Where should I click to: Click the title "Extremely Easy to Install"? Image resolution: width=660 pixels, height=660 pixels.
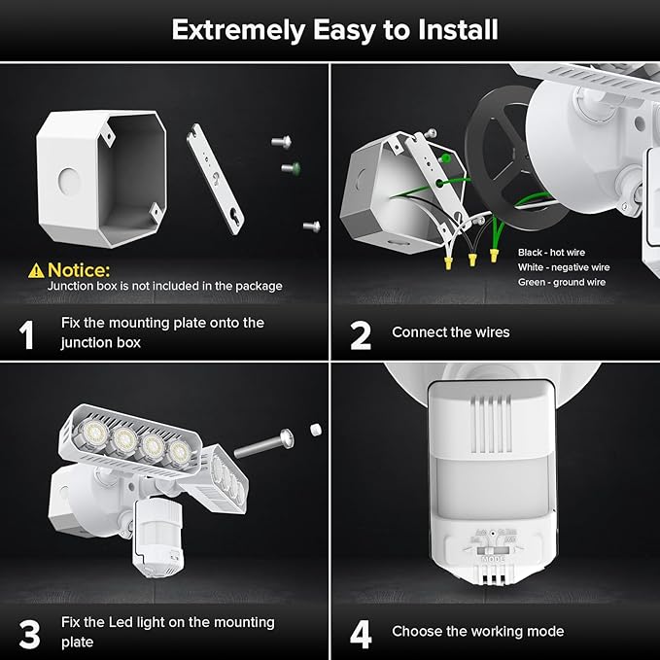[x=334, y=30]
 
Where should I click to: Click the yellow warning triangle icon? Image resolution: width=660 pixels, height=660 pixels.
[x=36, y=269]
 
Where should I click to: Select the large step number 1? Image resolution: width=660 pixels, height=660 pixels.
[x=27, y=333]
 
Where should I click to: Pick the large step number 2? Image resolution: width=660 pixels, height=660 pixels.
[x=360, y=334]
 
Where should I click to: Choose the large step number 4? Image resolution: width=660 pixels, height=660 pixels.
[x=361, y=634]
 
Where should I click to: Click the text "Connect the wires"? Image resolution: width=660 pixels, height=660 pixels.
[x=450, y=332]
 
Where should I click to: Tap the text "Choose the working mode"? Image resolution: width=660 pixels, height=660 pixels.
[x=477, y=631]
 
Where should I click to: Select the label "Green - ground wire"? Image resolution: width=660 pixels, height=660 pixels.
[x=561, y=282]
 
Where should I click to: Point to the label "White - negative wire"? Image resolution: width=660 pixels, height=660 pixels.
[x=564, y=265]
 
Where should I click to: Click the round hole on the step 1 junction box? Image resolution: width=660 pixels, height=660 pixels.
[x=68, y=181]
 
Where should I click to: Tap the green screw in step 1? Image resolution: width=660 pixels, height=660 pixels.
[x=290, y=168]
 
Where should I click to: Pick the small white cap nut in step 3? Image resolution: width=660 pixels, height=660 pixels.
[x=315, y=428]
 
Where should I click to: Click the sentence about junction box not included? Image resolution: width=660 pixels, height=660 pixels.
[x=165, y=286]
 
